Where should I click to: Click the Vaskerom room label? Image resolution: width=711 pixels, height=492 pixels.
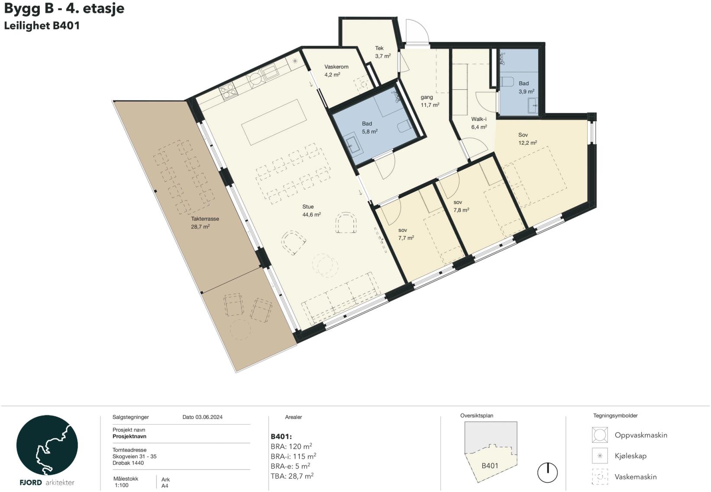coord(336,67)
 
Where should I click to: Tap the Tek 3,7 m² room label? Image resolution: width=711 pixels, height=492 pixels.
coord(382,52)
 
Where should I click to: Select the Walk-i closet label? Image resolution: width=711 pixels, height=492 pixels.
coord(478,119)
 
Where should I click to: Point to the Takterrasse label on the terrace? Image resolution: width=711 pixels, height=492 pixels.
coord(205,219)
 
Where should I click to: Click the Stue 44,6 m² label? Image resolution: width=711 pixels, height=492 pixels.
coord(311,211)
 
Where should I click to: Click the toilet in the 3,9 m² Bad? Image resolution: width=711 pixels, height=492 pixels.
coord(507,82)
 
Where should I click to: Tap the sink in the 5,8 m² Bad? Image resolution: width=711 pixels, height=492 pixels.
coord(352,146)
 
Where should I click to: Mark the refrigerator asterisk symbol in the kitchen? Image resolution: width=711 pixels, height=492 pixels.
coord(295,61)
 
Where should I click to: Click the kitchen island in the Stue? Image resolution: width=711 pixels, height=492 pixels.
coord(274,122)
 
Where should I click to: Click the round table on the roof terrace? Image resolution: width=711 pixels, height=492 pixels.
coord(240,330)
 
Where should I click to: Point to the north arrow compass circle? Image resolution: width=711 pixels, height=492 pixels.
coord(547,473)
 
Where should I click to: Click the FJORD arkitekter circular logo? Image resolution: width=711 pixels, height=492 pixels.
coord(47,445)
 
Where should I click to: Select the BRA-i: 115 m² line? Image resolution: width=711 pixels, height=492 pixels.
coord(293,456)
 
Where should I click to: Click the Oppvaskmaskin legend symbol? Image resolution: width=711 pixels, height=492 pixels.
coord(600,435)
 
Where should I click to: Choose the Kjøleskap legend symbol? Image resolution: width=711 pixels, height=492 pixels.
coord(600,456)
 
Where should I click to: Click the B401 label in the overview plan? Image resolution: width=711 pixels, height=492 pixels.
coord(490,466)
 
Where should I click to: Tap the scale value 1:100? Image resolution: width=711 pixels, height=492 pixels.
coord(122,486)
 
